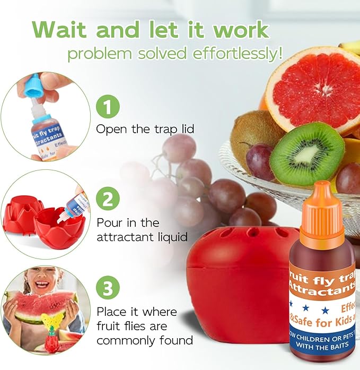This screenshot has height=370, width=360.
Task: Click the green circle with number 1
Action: tap(107, 108)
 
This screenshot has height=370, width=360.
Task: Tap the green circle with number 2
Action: tap(107, 200)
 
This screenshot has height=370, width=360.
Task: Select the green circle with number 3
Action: tap(107, 289)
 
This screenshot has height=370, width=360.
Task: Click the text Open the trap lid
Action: tap(145, 129)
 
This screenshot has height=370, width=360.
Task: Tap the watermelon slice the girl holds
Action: tap(40, 308)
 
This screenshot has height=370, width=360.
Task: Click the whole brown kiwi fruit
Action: tap(253, 133)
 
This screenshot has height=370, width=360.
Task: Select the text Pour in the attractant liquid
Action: tap(138, 229)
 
